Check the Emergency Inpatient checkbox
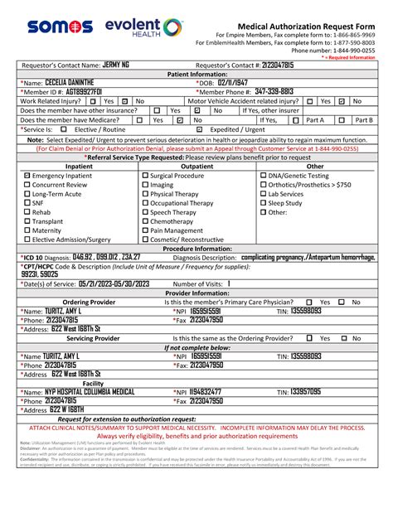[x=28, y=177]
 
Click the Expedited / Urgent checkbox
[x=199, y=129]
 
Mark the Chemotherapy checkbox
[x=146, y=222]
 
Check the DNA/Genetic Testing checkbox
[x=264, y=177]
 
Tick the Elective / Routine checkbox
[x=64, y=129]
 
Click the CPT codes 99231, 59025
[x=41, y=273]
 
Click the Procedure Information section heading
[x=196, y=248]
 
